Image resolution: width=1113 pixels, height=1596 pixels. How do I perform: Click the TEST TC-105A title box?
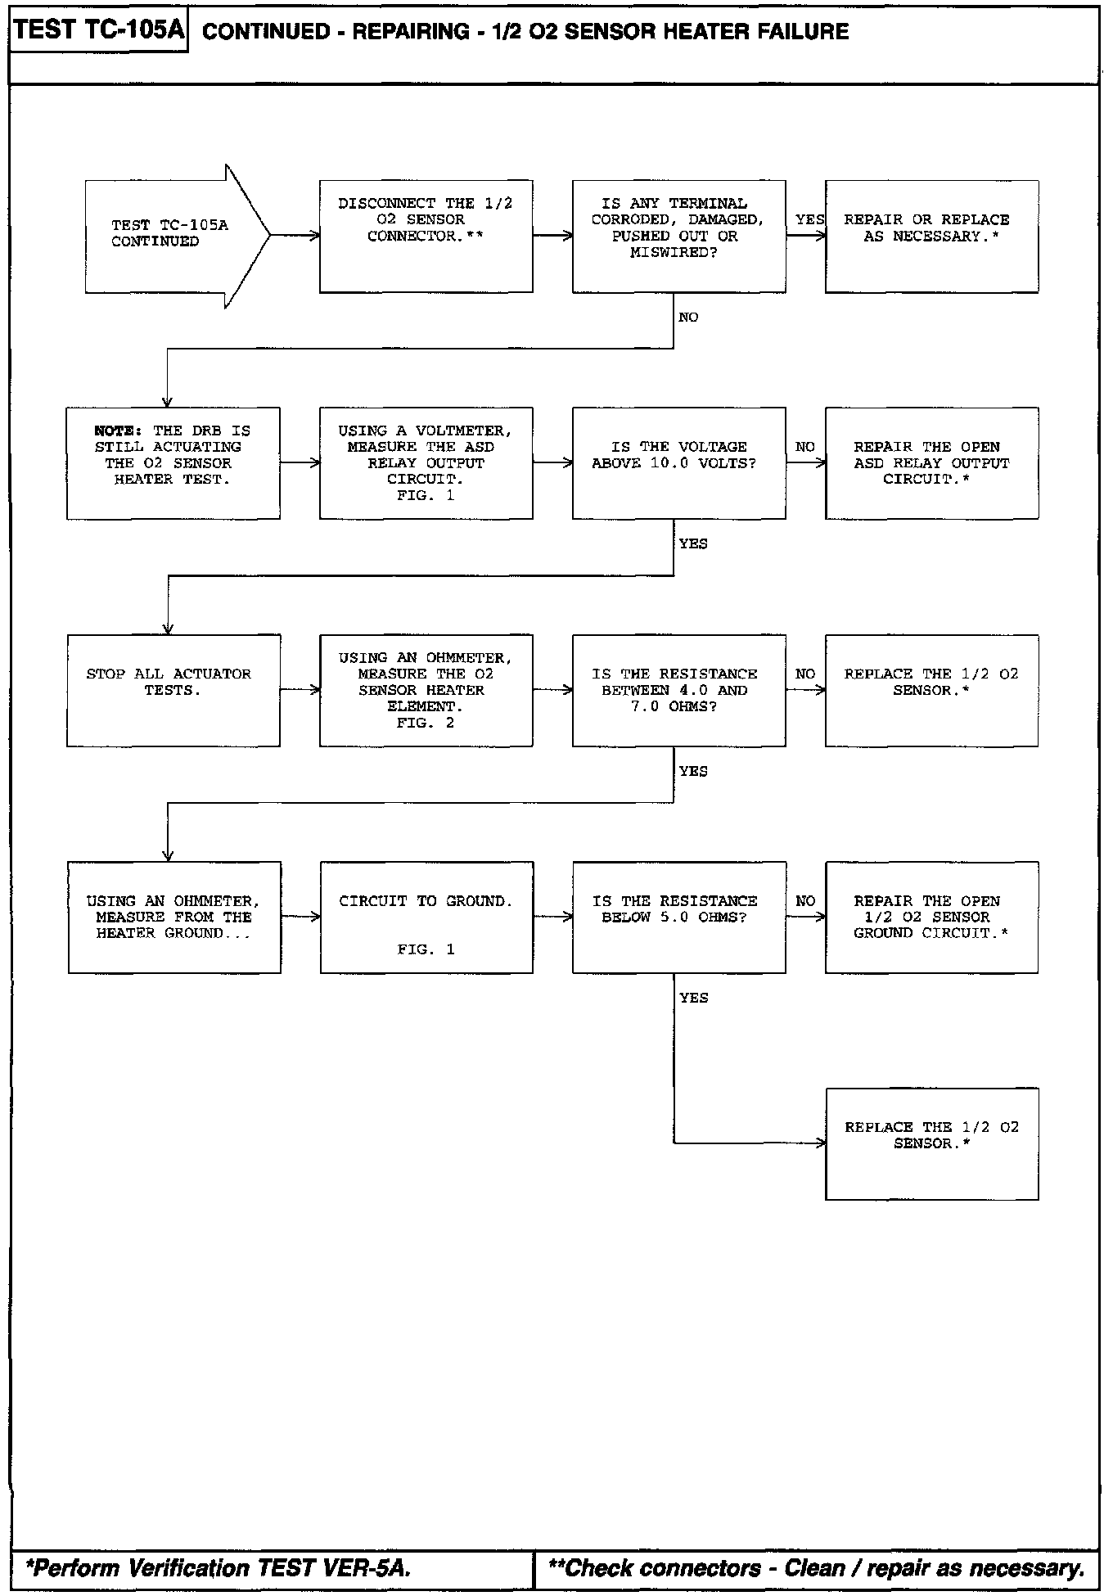[x=99, y=31]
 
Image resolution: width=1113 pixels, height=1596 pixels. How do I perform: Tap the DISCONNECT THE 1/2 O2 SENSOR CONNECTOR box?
[x=426, y=236]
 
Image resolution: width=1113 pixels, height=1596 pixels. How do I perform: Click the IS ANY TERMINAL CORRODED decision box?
[x=678, y=236]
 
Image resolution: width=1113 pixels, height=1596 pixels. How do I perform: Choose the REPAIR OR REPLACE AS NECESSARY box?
[x=931, y=236]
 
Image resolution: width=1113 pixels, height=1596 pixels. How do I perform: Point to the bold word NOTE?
[x=118, y=431]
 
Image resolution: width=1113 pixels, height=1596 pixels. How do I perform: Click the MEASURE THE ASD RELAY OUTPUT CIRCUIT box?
[x=426, y=462]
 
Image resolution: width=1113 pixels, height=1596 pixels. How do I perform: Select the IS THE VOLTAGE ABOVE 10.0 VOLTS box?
[x=678, y=462]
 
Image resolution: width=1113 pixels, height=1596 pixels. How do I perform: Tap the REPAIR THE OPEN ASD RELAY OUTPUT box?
[x=931, y=462]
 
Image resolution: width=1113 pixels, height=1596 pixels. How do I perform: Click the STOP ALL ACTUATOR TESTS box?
[x=173, y=690]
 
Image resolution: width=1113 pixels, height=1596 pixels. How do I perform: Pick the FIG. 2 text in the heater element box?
[x=426, y=723]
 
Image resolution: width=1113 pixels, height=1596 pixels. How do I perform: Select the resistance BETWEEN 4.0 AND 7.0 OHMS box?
[x=678, y=690]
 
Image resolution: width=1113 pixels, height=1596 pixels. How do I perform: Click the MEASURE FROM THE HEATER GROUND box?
[x=173, y=917]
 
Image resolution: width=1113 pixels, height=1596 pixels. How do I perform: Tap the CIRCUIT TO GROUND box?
[x=426, y=917]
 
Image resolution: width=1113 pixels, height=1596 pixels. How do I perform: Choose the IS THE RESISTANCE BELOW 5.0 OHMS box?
[x=678, y=917]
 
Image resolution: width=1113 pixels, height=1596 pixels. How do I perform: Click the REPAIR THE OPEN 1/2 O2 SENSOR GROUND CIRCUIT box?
[x=931, y=917]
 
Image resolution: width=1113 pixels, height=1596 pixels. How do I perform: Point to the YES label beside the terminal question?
[x=809, y=219]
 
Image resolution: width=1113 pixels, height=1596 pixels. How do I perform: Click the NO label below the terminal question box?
[x=688, y=318]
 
